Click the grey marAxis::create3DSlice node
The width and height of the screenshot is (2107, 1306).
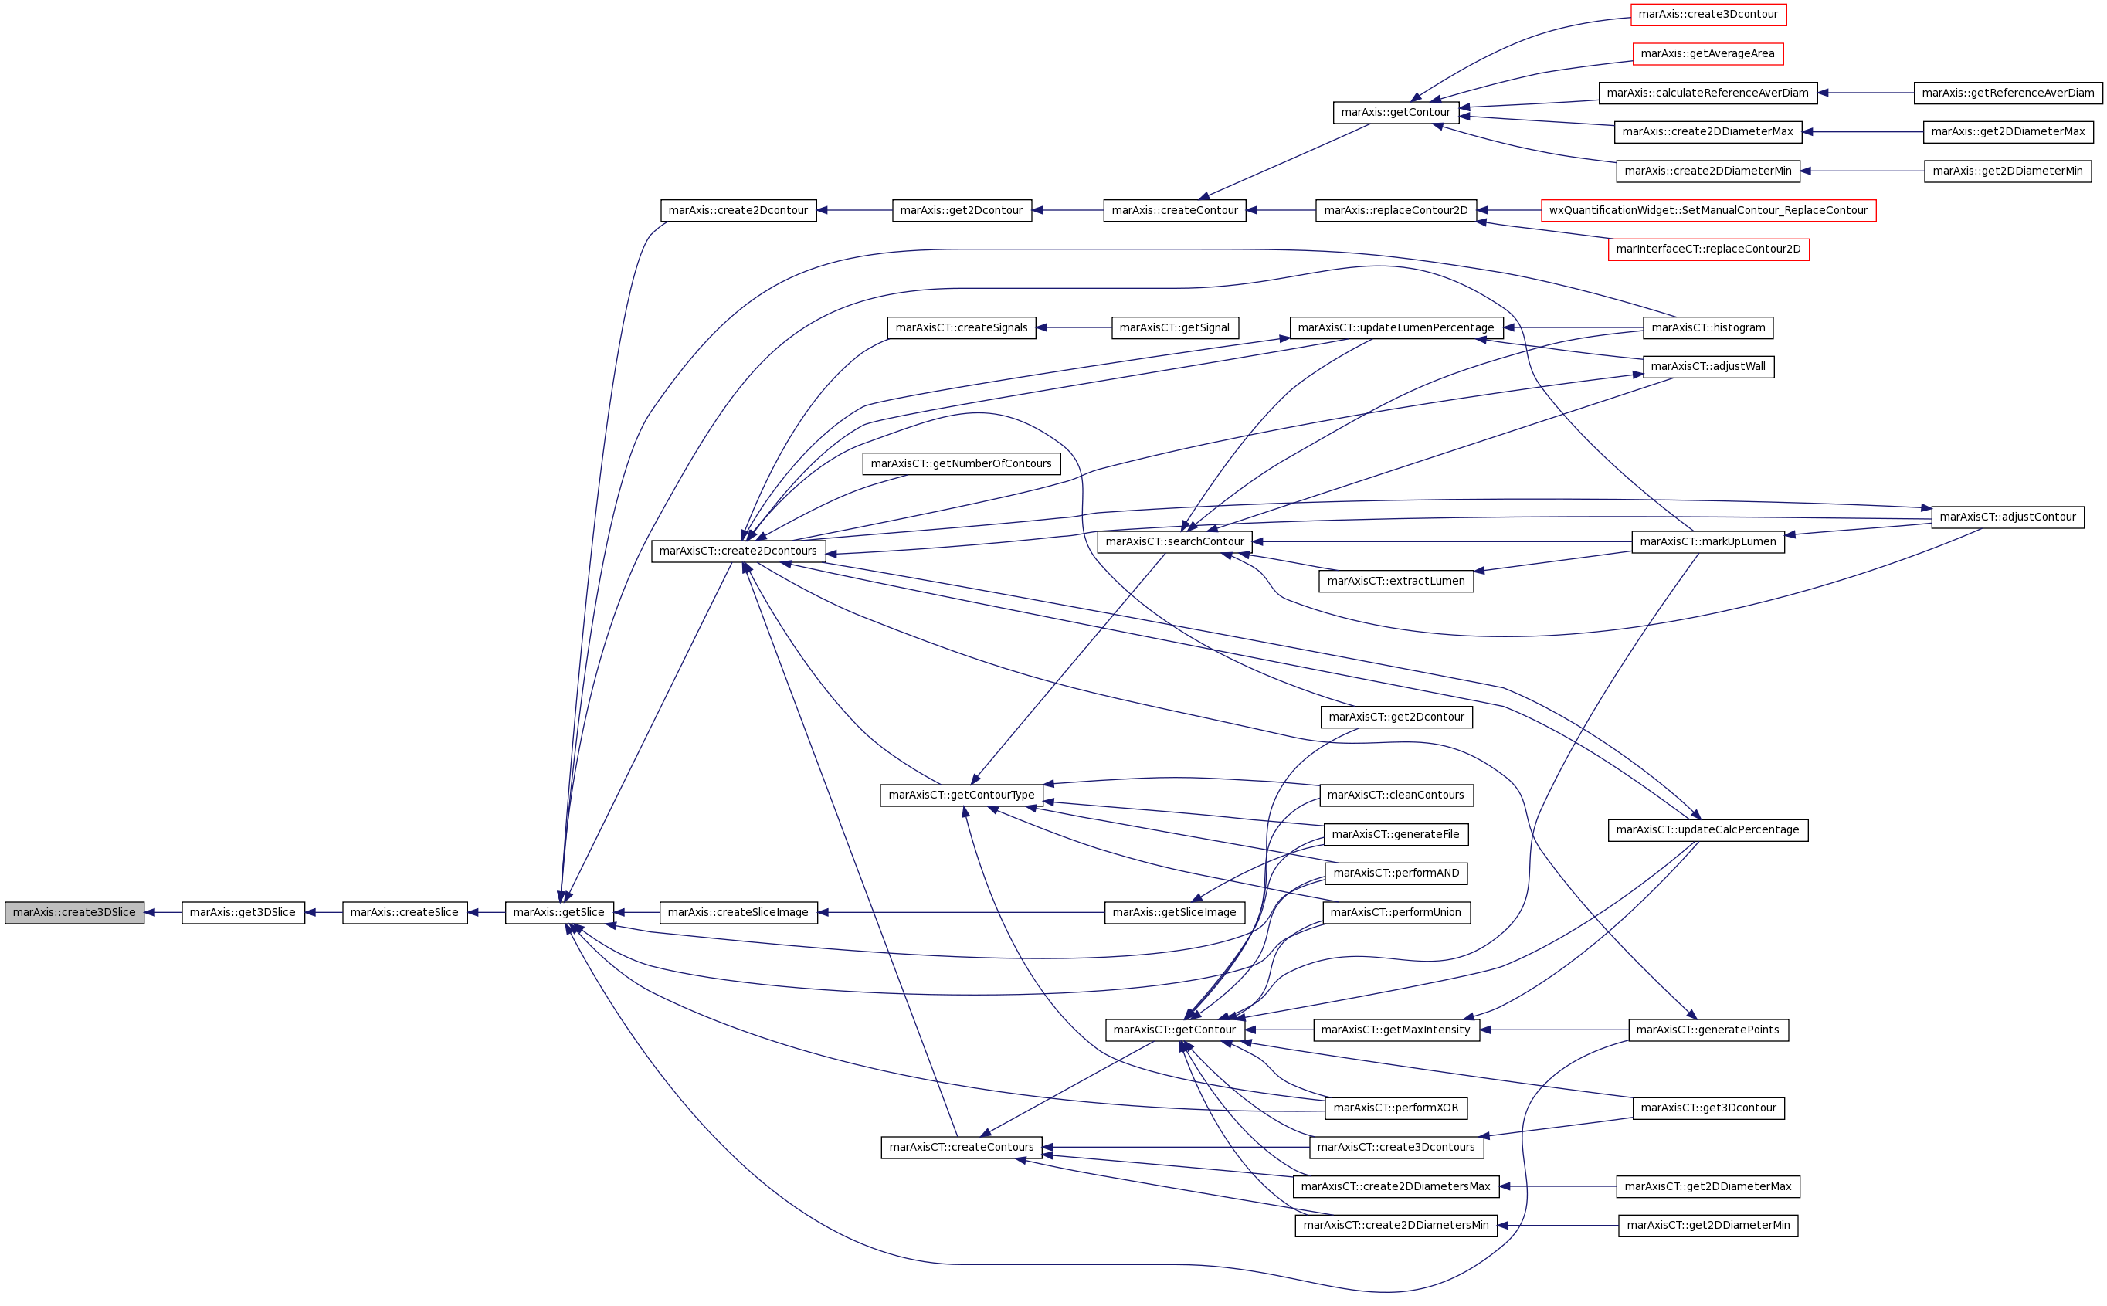click(74, 912)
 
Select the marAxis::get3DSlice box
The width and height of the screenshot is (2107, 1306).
click(243, 912)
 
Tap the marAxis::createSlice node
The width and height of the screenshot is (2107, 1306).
click(404, 912)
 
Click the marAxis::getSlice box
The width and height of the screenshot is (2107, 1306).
click(558, 912)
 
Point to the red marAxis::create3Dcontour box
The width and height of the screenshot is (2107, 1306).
click(1708, 15)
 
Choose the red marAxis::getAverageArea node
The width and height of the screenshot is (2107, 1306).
click(1707, 53)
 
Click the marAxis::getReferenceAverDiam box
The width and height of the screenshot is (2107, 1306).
click(2007, 93)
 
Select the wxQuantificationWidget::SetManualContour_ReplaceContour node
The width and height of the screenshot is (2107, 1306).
click(1708, 211)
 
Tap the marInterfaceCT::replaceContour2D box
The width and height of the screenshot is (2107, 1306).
click(1708, 249)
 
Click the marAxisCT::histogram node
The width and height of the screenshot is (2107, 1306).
click(1708, 328)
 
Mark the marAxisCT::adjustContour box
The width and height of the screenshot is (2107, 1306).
click(2007, 517)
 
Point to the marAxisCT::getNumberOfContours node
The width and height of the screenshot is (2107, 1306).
click(961, 464)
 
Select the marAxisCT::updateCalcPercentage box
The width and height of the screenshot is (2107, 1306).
click(1707, 830)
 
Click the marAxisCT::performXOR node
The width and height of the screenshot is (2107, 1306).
click(1396, 1108)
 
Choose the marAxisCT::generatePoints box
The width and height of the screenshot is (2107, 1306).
click(1707, 1030)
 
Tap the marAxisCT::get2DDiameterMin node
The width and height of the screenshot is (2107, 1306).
click(1707, 1226)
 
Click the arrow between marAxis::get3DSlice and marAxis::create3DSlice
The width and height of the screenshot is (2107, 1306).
click(163, 912)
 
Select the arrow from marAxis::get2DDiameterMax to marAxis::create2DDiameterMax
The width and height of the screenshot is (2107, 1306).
click(1863, 132)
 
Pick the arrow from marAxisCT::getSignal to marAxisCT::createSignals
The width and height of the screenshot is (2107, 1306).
click(1074, 328)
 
